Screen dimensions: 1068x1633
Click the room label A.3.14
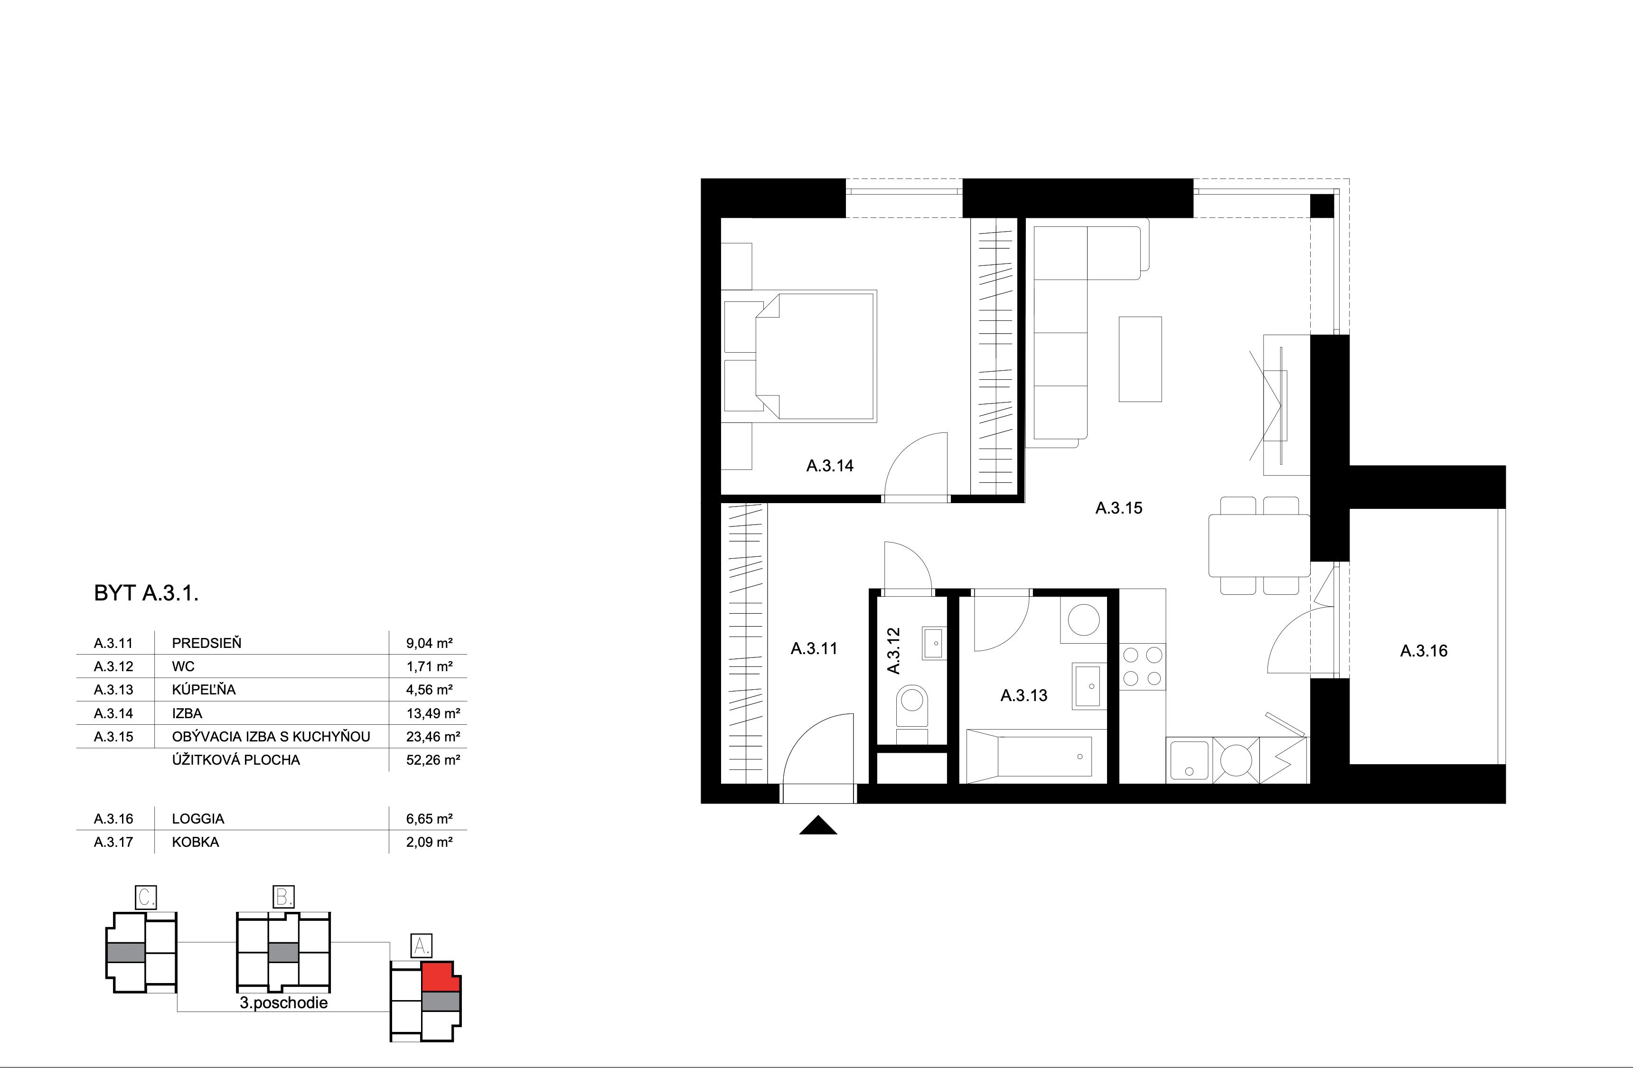(829, 466)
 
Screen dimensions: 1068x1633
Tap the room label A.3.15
(1118, 508)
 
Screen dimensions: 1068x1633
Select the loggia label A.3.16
(1424, 651)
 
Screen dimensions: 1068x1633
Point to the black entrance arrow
(818, 826)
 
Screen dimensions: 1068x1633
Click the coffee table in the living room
(1140, 359)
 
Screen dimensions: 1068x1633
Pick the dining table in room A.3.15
(1259, 545)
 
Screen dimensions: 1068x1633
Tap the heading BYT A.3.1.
(146, 593)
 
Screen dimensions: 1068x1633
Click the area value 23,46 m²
(432, 737)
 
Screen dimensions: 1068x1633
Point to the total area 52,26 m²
(432, 760)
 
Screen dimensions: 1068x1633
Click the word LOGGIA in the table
(198, 819)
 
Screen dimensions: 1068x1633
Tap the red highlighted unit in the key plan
(439, 977)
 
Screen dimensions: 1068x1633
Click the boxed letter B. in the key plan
(283, 897)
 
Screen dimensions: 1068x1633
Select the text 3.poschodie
(283, 1003)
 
